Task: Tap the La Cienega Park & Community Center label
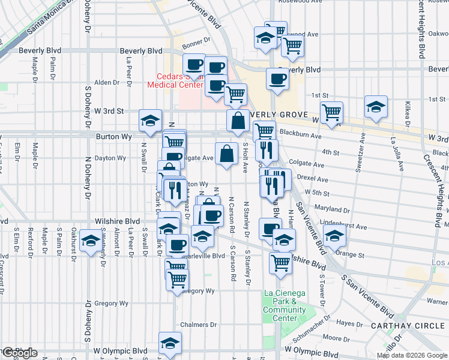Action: pyautogui.click(x=285, y=305)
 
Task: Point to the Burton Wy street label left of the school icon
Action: pyautogui.click(x=110, y=136)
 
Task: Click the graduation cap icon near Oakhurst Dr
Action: pyautogui.click(x=91, y=241)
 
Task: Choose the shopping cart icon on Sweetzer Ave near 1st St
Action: pyautogui.click(x=331, y=111)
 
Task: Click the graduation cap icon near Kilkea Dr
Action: pyautogui.click(x=376, y=107)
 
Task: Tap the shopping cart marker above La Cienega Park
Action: pyautogui.click(x=280, y=263)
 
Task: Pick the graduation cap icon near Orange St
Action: pyautogui.click(x=335, y=236)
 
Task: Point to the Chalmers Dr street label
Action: pyautogui.click(x=198, y=325)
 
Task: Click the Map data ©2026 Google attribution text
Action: pyautogui.click(x=412, y=355)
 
